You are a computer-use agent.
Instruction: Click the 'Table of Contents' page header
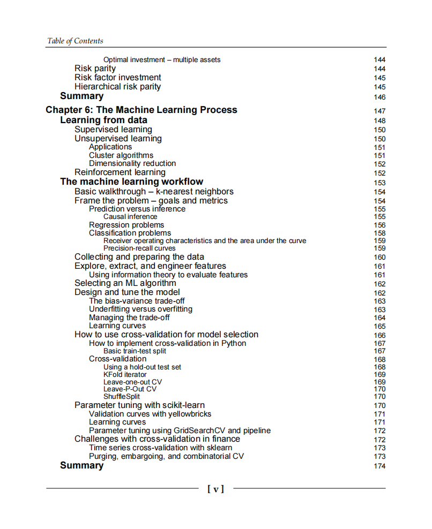[75, 41]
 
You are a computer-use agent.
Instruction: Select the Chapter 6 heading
[141, 110]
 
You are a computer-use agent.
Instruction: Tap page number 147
[379, 111]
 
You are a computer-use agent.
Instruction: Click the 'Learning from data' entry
[103, 120]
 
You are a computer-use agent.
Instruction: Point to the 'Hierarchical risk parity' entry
[117, 87]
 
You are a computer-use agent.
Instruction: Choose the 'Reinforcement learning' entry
[120, 172]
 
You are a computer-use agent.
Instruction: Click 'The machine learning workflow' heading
[132, 182]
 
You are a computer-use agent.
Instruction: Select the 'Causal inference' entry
[130, 217]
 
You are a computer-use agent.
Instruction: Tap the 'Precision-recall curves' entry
[139, 248]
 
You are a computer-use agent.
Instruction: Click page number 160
[379, 258]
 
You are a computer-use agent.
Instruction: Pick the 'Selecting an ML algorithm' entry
[125, 283]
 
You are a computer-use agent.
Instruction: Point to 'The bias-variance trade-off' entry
[137, 301]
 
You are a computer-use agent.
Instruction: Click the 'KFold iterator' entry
[125, 375]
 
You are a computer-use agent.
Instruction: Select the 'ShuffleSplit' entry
[122, 397]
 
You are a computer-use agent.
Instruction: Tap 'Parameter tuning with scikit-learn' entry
[139, 405]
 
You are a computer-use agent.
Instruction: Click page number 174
[379, 466]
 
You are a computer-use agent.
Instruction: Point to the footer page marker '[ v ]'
[215, 488]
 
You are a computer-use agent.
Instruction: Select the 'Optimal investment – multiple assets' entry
[162, 60]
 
